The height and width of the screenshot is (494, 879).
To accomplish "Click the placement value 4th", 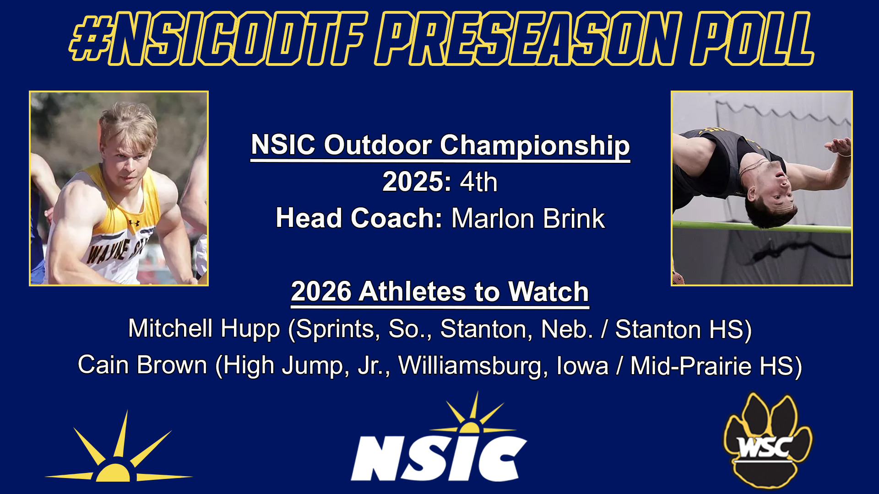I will click(478, 182).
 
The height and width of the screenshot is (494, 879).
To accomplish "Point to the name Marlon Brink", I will click(528, 219).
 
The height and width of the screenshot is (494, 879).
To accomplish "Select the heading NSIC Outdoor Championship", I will click(440, 145).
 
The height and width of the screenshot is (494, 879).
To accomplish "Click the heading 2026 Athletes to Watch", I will click(439, 292).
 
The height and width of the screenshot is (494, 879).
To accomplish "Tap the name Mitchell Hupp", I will click(204, 329).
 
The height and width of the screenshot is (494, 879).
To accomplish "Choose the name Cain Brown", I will click(142, 365).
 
